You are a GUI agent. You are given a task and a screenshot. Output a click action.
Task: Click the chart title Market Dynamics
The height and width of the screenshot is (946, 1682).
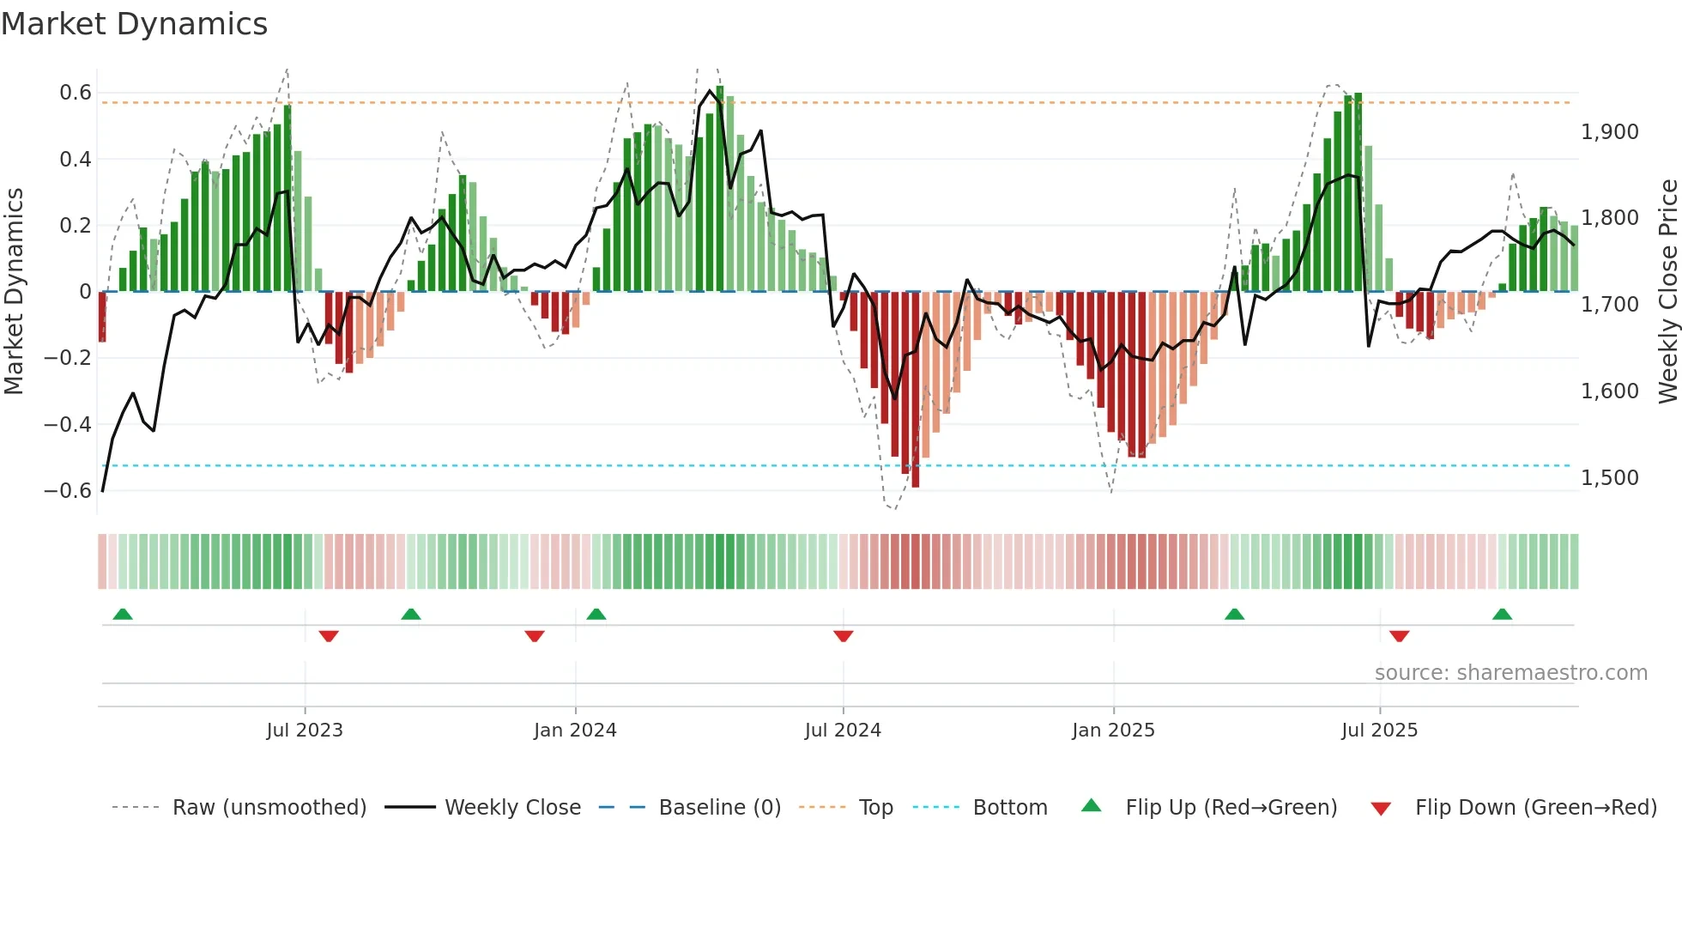[x=134, y=24]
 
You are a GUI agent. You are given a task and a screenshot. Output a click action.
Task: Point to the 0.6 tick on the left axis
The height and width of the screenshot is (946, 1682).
[x=76, y=93]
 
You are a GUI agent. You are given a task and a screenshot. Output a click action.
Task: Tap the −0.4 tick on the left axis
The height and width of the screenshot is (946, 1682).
[x=68, y=424]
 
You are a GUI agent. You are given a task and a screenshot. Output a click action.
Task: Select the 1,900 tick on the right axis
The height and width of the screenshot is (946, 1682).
[x=1609, y=132]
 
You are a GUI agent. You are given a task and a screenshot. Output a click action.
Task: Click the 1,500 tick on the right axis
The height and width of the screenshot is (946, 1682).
[x=1609, y=478]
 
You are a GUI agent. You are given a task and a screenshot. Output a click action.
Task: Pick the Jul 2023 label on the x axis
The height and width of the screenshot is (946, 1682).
[x=305, y=731]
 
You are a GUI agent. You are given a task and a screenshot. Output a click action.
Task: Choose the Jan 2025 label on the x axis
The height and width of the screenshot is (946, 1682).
[x=1113, y=731]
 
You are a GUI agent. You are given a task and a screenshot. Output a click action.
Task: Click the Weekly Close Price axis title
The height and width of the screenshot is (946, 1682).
[x=1667, y=292]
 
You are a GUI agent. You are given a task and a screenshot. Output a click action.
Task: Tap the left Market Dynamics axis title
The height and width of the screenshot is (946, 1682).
[x=14, y=292]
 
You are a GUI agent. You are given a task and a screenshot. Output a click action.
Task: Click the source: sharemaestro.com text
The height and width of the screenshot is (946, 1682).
[x=1510, y=673]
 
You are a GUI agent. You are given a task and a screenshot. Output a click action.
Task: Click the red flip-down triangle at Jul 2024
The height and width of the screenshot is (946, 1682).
[x=843, y=636]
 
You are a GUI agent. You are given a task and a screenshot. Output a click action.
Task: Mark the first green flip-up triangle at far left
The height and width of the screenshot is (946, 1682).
[x=123, y=614]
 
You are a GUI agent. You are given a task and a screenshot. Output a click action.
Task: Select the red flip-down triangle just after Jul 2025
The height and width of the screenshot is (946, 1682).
[x=1399, y=636]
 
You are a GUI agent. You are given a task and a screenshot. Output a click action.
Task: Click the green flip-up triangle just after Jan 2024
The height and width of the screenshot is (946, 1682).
[x=596, y=614]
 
